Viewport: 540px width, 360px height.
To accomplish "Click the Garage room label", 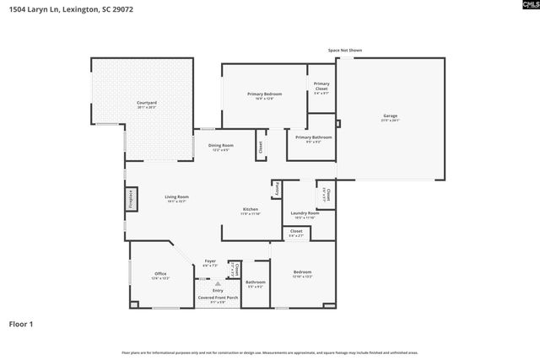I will pyautogui.click(x=390, y=116).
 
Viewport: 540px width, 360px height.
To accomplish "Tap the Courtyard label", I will pyautogui.click(x=147, y=104).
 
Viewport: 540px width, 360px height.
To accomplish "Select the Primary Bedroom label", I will pyautogui.click(x=264, y=94).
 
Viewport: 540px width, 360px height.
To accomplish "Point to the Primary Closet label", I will pyautogui.click(x=321, y=86).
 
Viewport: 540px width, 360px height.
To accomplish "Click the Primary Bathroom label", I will pyautogui.click(x=313, y=137).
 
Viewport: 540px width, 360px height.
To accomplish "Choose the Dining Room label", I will pyautogui.click(x=221, y=145).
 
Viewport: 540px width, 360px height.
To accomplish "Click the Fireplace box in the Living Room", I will pyautogui.click(x=131, y=199).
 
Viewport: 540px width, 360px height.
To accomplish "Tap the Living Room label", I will pyautogui.click(x=176, y=197).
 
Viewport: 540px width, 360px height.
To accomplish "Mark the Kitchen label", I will pyautogui.click(x=251, y=209).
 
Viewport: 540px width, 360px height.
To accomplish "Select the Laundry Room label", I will pyautogui.click(x=300, y=213).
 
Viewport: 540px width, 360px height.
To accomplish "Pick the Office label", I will pyautogui.click(x=159, y=274).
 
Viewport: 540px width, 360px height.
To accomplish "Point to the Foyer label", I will pyautogui.click(x=210, y=261).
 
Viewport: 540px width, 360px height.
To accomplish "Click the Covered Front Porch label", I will pyautogui.click(x=218, y=298).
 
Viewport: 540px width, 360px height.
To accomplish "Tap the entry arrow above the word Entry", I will pyautogui.click(x=218, y=284).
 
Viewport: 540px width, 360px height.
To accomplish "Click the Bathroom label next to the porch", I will pyautogui.click(x=255, y=282).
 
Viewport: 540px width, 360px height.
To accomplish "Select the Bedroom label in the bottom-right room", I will pyautogui.click(x=302, y=272).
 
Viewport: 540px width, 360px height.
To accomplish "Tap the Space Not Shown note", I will pyautogui.click(x=345, y=51).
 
